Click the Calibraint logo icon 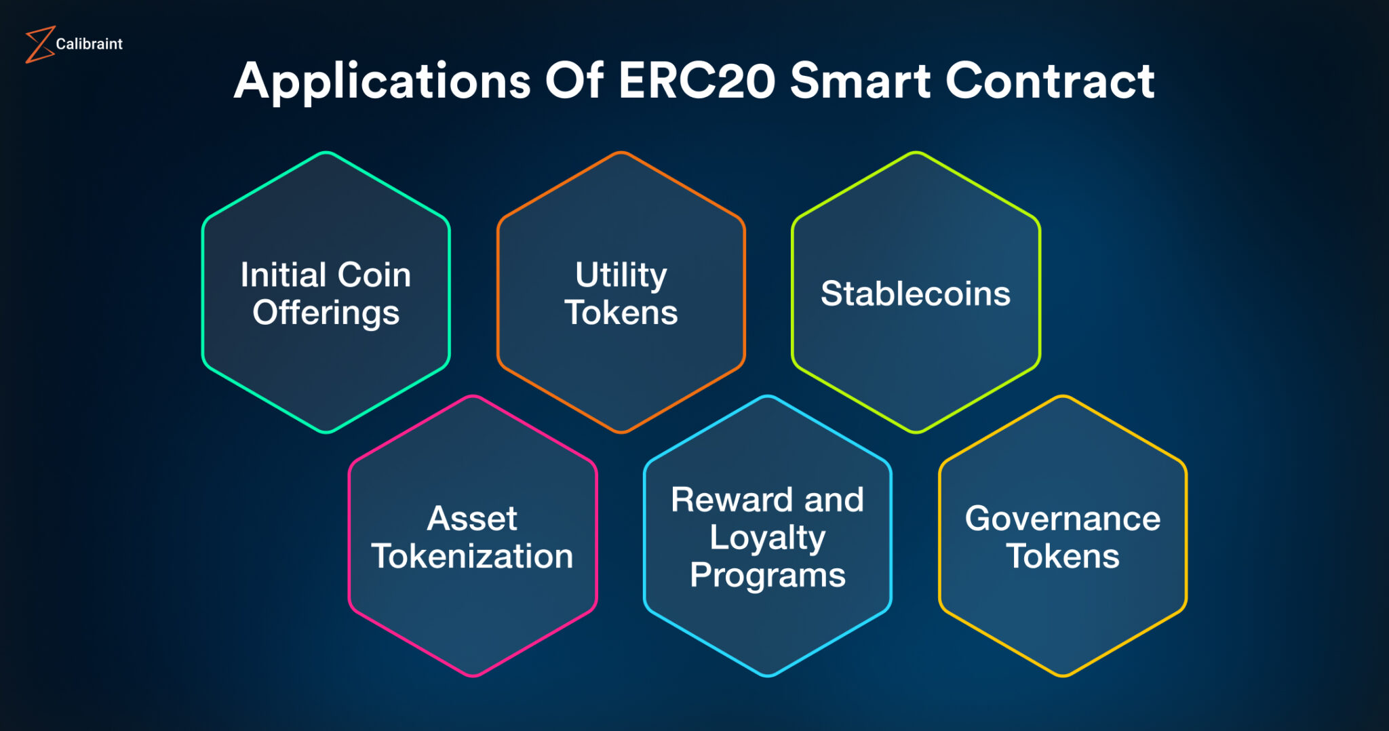39,45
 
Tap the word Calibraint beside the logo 89,44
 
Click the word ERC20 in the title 696,81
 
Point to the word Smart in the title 859,81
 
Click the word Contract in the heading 1050,81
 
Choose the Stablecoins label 916,294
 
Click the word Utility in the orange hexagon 621,276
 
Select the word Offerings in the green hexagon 326,313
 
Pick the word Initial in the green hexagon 283,275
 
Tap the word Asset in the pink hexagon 472,519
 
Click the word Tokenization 472,557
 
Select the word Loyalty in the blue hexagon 767,538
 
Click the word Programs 767,576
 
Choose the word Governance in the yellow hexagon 1063,519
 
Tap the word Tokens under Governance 1063,557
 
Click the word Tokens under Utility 621,313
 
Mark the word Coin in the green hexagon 374,275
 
